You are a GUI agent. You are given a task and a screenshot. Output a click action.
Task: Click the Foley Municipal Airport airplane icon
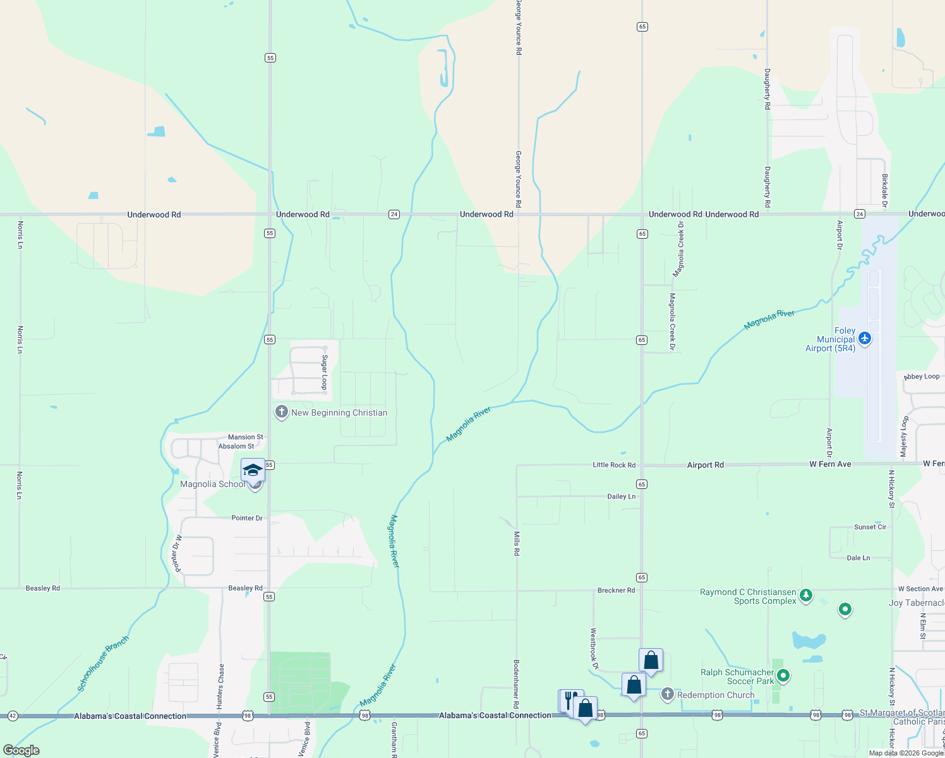pyautogui.click(x=865, y=339)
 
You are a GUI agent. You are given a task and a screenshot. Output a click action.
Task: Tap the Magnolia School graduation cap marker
pyautogui.click(x=253, y=470)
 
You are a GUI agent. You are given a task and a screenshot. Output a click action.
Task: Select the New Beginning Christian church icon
pyautogui.click(x=281, y=412)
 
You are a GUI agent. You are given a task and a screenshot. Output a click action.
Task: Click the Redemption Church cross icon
pyautogui.click(x=667, y=694)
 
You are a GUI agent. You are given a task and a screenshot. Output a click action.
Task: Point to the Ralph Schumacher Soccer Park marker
pyautogui.click(x=783, y=676)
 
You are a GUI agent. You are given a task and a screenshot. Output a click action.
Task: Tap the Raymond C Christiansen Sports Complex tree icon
pyautogui.click(x=805, y=595)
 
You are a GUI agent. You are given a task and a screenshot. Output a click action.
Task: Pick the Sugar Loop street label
pyautogui.click(x=325, y=371)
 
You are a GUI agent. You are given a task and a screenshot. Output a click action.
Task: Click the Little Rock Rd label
pyautogui.click(x=613, y=465)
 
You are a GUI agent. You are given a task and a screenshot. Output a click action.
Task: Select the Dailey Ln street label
pyautogui.click(x=621, y=496)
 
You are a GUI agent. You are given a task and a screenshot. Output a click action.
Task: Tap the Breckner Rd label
pyautogui.click(x=616, y=590)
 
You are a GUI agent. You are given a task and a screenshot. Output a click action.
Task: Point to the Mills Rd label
pyautogui.click(x=517, y=543)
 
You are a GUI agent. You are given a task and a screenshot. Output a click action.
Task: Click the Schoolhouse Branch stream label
pyautogui.click(x=104, y=663)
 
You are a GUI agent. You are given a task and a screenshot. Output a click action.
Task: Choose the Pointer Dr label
pyautogui.click(x=246, y=518)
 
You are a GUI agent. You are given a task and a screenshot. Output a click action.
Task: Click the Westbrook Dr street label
pyautogui.click(x=594, y=648)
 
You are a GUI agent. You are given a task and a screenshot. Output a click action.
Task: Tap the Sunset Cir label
pyautogui.click(x=870, y=527)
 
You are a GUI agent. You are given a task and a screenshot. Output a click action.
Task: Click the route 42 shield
pyautogui.click(x=13, y=716)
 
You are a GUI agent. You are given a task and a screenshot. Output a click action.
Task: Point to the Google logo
pyautogui.click(x=21, y=750)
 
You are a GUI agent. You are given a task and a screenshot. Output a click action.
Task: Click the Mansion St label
pyautogui.click(x=245, y=437)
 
